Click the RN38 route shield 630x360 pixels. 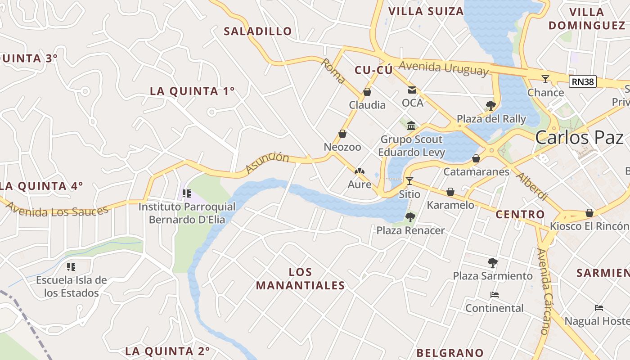coord(583,81)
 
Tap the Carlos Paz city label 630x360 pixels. coord(579,138)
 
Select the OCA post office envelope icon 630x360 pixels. coord(412,90)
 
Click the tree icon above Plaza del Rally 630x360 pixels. coord(491,106)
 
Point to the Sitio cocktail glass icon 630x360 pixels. coord(409,181)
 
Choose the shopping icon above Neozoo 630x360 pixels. coord(342,134)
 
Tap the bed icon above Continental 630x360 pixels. coord(494,295)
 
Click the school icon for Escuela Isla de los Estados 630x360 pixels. coord(71,267)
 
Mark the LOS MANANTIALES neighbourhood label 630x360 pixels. coord(300,279)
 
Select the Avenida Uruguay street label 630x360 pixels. coord(443,68)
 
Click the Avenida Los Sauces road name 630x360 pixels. coord(58,210)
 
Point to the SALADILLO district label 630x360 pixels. coord(258,31)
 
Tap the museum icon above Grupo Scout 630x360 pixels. coord(411,126)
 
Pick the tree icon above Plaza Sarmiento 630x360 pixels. coord(492,262)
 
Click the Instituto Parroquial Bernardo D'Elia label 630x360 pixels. coord(186,213)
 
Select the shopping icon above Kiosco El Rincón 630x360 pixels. coord(589,213)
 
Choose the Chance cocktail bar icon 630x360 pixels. coord(545,79)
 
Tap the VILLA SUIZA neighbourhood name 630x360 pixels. coord(426,11)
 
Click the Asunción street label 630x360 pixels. coord(267,162)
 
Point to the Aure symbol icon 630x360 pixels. coord(359,171)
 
